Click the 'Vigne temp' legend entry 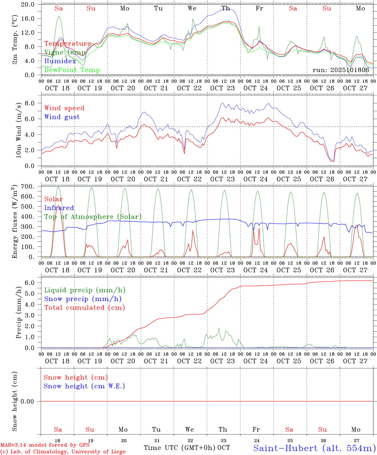[x=65, y=52]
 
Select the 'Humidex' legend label [x=60, y=61]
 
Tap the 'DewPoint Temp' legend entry [x=72, y=70]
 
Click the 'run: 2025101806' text [x=341, y=70]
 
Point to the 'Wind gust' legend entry [x=62, y=117]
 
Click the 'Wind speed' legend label [x=64, y=108]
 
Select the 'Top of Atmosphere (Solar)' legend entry [x=93, y=217]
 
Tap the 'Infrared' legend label [x=59, y=208]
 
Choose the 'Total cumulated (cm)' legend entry [x=85, y=307]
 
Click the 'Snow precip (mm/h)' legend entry [x=83, y=299]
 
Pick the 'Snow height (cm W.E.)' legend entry [x=84, y=386]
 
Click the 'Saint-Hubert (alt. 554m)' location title [x=314, y=448]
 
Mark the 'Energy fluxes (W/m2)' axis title [x=15, y=222]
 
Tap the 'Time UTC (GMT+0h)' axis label [x=179, y=448]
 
